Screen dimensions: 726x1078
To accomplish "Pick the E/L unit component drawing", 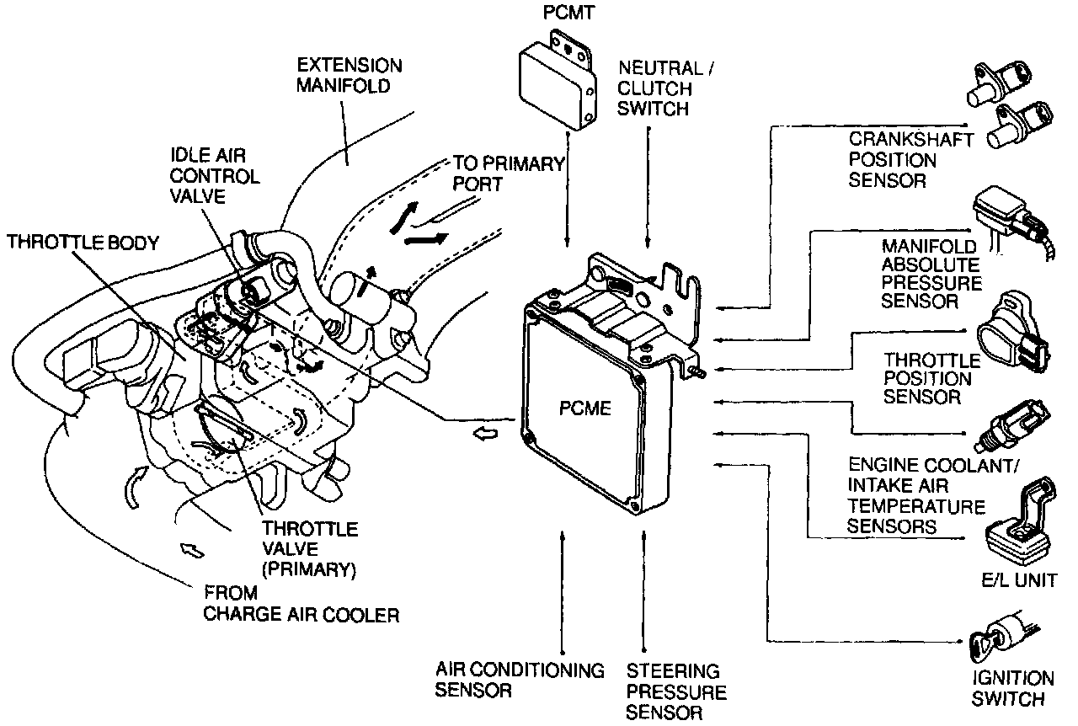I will [x=1018, y=526].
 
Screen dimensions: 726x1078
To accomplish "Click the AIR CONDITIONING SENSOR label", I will [x=520, y=681].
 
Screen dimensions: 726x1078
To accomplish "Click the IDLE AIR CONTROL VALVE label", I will [x=215, y=176].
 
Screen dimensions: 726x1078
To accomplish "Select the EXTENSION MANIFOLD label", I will [x=350, y=76].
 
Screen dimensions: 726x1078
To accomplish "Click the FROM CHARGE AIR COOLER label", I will [x=301, y=604].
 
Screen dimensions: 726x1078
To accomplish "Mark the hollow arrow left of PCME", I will [x=486, y=433].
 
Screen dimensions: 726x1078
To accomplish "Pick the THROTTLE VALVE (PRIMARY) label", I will [x=309, y=549].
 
